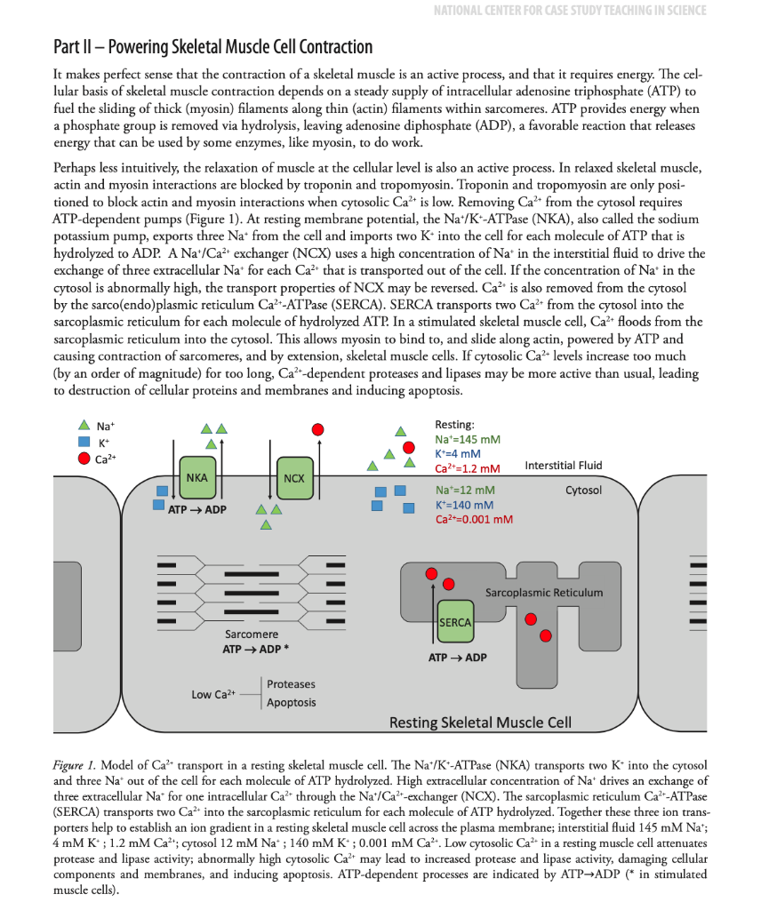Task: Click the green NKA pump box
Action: [196, 477]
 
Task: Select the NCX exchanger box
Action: [293, 478]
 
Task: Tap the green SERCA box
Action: [454, 623]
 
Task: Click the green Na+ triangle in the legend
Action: [84, 426]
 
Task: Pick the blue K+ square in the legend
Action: [84, 442]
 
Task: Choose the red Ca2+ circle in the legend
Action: [84, 459]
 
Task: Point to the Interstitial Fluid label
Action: [563, 466]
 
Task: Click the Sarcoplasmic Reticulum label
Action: [543, 593]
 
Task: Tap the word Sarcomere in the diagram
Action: [252, 635]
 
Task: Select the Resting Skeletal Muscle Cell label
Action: [480, 722]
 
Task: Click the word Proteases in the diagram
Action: [291, 684]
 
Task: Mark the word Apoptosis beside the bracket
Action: [291, 703]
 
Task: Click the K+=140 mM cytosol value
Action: [467, 505]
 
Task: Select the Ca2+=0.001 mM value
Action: [473, 520]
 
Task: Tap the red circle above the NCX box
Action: [317, 429]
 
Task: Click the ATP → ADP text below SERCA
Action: [457, 658]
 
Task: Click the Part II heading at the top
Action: [213, 47]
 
